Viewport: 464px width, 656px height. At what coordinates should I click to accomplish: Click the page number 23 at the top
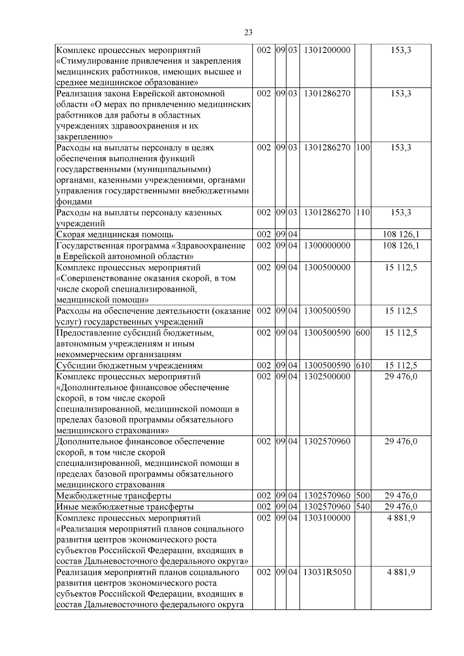[x=248, y=33]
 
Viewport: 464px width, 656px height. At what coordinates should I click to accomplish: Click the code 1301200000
[x=327, y=50]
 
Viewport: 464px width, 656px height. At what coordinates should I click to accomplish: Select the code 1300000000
[x=327, y=246]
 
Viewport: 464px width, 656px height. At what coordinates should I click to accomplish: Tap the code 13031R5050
[x=327, y=572]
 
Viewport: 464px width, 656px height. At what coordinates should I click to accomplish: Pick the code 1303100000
[x=327, y=518]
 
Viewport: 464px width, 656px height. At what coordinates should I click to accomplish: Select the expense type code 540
[x=363, y=507]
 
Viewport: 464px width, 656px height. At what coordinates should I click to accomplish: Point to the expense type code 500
[x=363, y=496]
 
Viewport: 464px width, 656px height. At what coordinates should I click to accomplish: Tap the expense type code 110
[x=363, y=213]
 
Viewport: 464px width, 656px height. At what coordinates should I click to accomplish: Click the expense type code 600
[x=363, y=333]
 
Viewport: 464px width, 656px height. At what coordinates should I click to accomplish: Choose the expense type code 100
[x=363, y=148]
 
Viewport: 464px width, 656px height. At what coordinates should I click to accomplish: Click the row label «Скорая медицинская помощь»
[x=115, y=235]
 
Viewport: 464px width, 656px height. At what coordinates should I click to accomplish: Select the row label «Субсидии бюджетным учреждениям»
[x=130, y=366]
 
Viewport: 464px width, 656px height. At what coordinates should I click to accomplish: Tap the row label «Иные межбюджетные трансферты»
[x=125, y=507]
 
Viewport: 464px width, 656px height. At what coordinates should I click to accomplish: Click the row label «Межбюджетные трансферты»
[x=114, y=496]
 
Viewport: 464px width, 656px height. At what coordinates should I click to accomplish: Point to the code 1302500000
[x=327, y=377]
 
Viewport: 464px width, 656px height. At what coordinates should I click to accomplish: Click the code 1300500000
[x=327, y=268]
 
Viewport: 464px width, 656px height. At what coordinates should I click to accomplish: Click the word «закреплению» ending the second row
[x=85, y=137]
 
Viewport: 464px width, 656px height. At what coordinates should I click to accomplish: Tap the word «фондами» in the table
[x=74, y=202]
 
